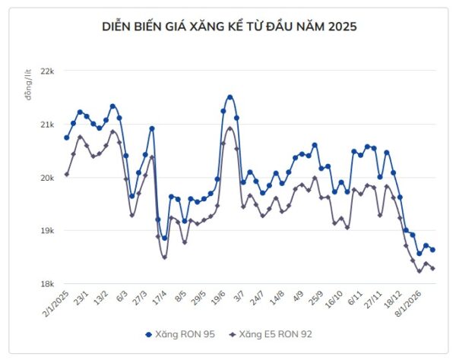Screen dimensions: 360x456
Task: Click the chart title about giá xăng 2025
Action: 229,26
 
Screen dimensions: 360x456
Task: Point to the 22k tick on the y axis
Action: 47,71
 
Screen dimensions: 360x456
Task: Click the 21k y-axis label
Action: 47,125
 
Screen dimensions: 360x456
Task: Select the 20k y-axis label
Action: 47,178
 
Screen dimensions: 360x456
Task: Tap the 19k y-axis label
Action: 47,231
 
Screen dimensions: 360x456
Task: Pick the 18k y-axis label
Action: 47,284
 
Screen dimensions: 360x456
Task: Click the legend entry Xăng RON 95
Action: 182,333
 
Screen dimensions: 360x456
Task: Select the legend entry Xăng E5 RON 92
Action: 270,333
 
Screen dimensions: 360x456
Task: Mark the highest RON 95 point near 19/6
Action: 230,97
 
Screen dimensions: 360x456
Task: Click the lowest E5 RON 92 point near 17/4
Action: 164,257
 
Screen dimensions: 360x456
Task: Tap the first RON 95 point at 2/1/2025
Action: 67,137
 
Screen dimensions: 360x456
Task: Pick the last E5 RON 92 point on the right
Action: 432,268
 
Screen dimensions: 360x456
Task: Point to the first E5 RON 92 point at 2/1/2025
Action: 67,174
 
